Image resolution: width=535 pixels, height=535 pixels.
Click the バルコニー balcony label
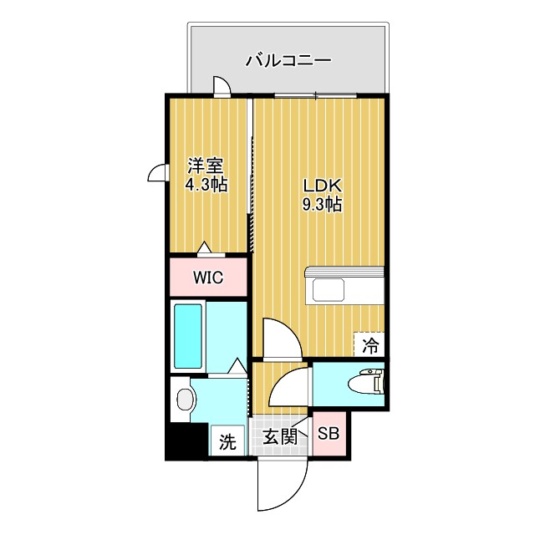(289, 60)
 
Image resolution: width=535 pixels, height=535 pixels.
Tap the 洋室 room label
(206, 166)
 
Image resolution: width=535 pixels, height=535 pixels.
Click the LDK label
(321, 186)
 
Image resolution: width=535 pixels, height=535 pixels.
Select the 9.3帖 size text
(321, 204)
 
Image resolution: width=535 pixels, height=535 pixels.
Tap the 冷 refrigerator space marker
(370, 343)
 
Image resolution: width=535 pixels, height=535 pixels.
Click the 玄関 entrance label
(280, 436)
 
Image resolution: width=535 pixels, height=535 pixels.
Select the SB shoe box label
(329, 435)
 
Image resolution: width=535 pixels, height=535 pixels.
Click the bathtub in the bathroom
(187, 338)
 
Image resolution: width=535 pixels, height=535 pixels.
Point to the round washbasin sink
(184, 400)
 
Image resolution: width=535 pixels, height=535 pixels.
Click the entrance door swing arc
(279, 485)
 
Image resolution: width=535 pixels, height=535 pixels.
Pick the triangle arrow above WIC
(205, 247)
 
